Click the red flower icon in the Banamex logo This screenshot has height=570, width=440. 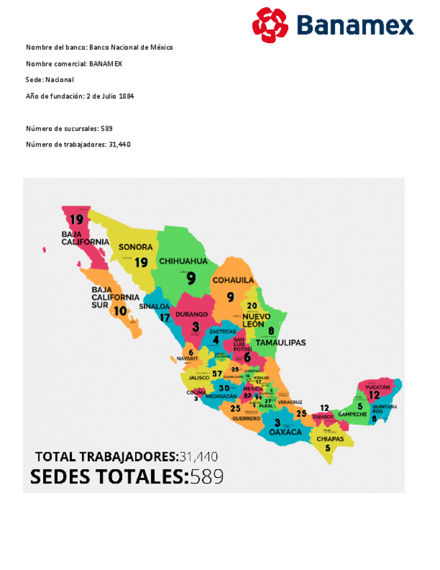[270, 25]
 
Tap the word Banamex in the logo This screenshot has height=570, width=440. [354, 26]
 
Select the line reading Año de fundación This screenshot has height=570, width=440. [80, 96]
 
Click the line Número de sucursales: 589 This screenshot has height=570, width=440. [69, 128]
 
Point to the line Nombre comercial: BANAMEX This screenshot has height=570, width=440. [74, 64]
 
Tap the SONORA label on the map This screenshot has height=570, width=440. [136, 247]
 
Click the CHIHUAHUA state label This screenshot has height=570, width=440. [183, 261]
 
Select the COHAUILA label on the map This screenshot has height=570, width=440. [233, 280]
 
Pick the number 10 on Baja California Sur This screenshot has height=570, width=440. [120, 311]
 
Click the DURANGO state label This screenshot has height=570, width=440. [191, 314]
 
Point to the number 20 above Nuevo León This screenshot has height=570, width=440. [252, 305]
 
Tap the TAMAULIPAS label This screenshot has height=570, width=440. [281, 342]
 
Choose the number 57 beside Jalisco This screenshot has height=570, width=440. [217, 374]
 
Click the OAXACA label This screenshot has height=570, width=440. [281, 433]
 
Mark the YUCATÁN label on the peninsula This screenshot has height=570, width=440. [378, 387]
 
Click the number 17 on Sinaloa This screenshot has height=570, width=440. [165, 318]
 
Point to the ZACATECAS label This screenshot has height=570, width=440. [223, 331]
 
